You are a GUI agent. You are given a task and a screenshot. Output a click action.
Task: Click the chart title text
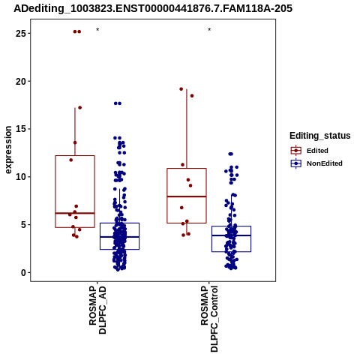[153, 8]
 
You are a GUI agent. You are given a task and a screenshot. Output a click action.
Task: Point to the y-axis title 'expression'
[8, 150]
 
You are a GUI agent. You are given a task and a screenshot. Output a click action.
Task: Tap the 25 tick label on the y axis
[21, 33]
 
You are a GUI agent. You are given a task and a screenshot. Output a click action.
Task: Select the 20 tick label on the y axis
[21, 81]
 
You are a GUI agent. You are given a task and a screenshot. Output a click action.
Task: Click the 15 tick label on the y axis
[21, 129]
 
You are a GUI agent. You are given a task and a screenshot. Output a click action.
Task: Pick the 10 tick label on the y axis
[21, 177]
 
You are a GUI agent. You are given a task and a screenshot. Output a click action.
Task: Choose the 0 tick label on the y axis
[24, 272]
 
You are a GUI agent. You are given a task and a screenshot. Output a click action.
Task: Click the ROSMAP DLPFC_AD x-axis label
[97, 310]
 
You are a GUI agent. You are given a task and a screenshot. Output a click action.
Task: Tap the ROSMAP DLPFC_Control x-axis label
[209, 319]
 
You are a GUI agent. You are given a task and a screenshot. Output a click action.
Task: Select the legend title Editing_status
[320, 136]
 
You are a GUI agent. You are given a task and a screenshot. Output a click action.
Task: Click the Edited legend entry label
[317, 151]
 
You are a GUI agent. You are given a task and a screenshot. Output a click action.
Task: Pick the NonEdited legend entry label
[325, 163]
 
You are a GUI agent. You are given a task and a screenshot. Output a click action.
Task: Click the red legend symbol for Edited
[296, 151]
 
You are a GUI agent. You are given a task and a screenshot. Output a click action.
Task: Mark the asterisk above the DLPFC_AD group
[97, 30]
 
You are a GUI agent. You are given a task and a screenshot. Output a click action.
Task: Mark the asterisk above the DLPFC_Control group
[209, 30]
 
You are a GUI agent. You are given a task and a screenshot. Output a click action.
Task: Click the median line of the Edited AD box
[75, 213]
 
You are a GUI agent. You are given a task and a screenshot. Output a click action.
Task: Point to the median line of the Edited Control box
[187, 196]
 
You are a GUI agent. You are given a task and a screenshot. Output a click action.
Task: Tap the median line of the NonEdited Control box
[232, 235]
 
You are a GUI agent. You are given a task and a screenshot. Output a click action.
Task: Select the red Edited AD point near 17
[80, 108]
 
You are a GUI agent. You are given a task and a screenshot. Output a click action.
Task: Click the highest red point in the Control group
[181, 89]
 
